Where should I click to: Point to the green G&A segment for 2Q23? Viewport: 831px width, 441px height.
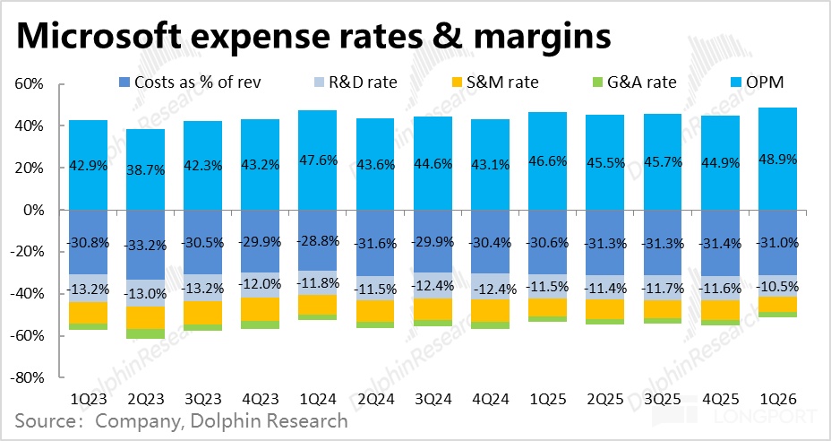tap(145, 334)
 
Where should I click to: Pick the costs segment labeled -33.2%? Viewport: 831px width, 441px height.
tap(145, 244)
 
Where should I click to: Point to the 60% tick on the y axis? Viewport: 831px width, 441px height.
tap(30, 84)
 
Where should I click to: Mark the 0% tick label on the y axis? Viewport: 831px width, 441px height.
tap(33, 210)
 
